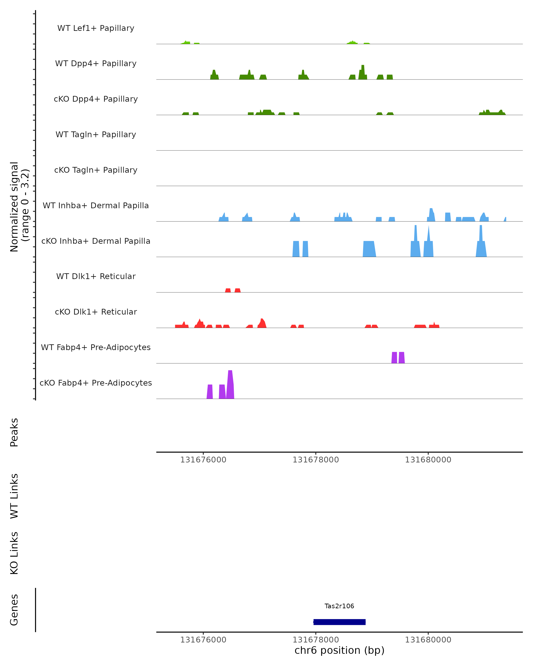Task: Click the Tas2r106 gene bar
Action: point(339,622)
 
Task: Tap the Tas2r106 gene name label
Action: point(339,606)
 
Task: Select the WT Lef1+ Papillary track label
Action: point(96,28)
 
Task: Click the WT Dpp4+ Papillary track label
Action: point(96,64)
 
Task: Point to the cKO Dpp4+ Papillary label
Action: point(96,99)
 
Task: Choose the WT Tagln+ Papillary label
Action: point(96,135)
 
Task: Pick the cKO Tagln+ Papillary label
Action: point(96,170)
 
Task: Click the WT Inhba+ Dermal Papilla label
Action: point(96,206)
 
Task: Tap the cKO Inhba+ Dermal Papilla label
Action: point(96,241)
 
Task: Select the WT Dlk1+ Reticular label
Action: point(96,276)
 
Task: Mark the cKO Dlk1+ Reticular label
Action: point(96,312)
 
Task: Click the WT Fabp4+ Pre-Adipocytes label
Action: point(96,347)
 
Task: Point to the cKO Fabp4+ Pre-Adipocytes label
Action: point(96,383)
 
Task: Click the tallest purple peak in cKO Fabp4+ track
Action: point(230,385)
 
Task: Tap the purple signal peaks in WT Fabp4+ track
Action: point(398,358)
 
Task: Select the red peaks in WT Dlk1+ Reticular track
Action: point(233,290)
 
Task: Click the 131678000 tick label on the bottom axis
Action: point(316,640)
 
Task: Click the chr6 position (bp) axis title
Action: point(339,650)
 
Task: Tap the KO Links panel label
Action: point(14,553)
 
